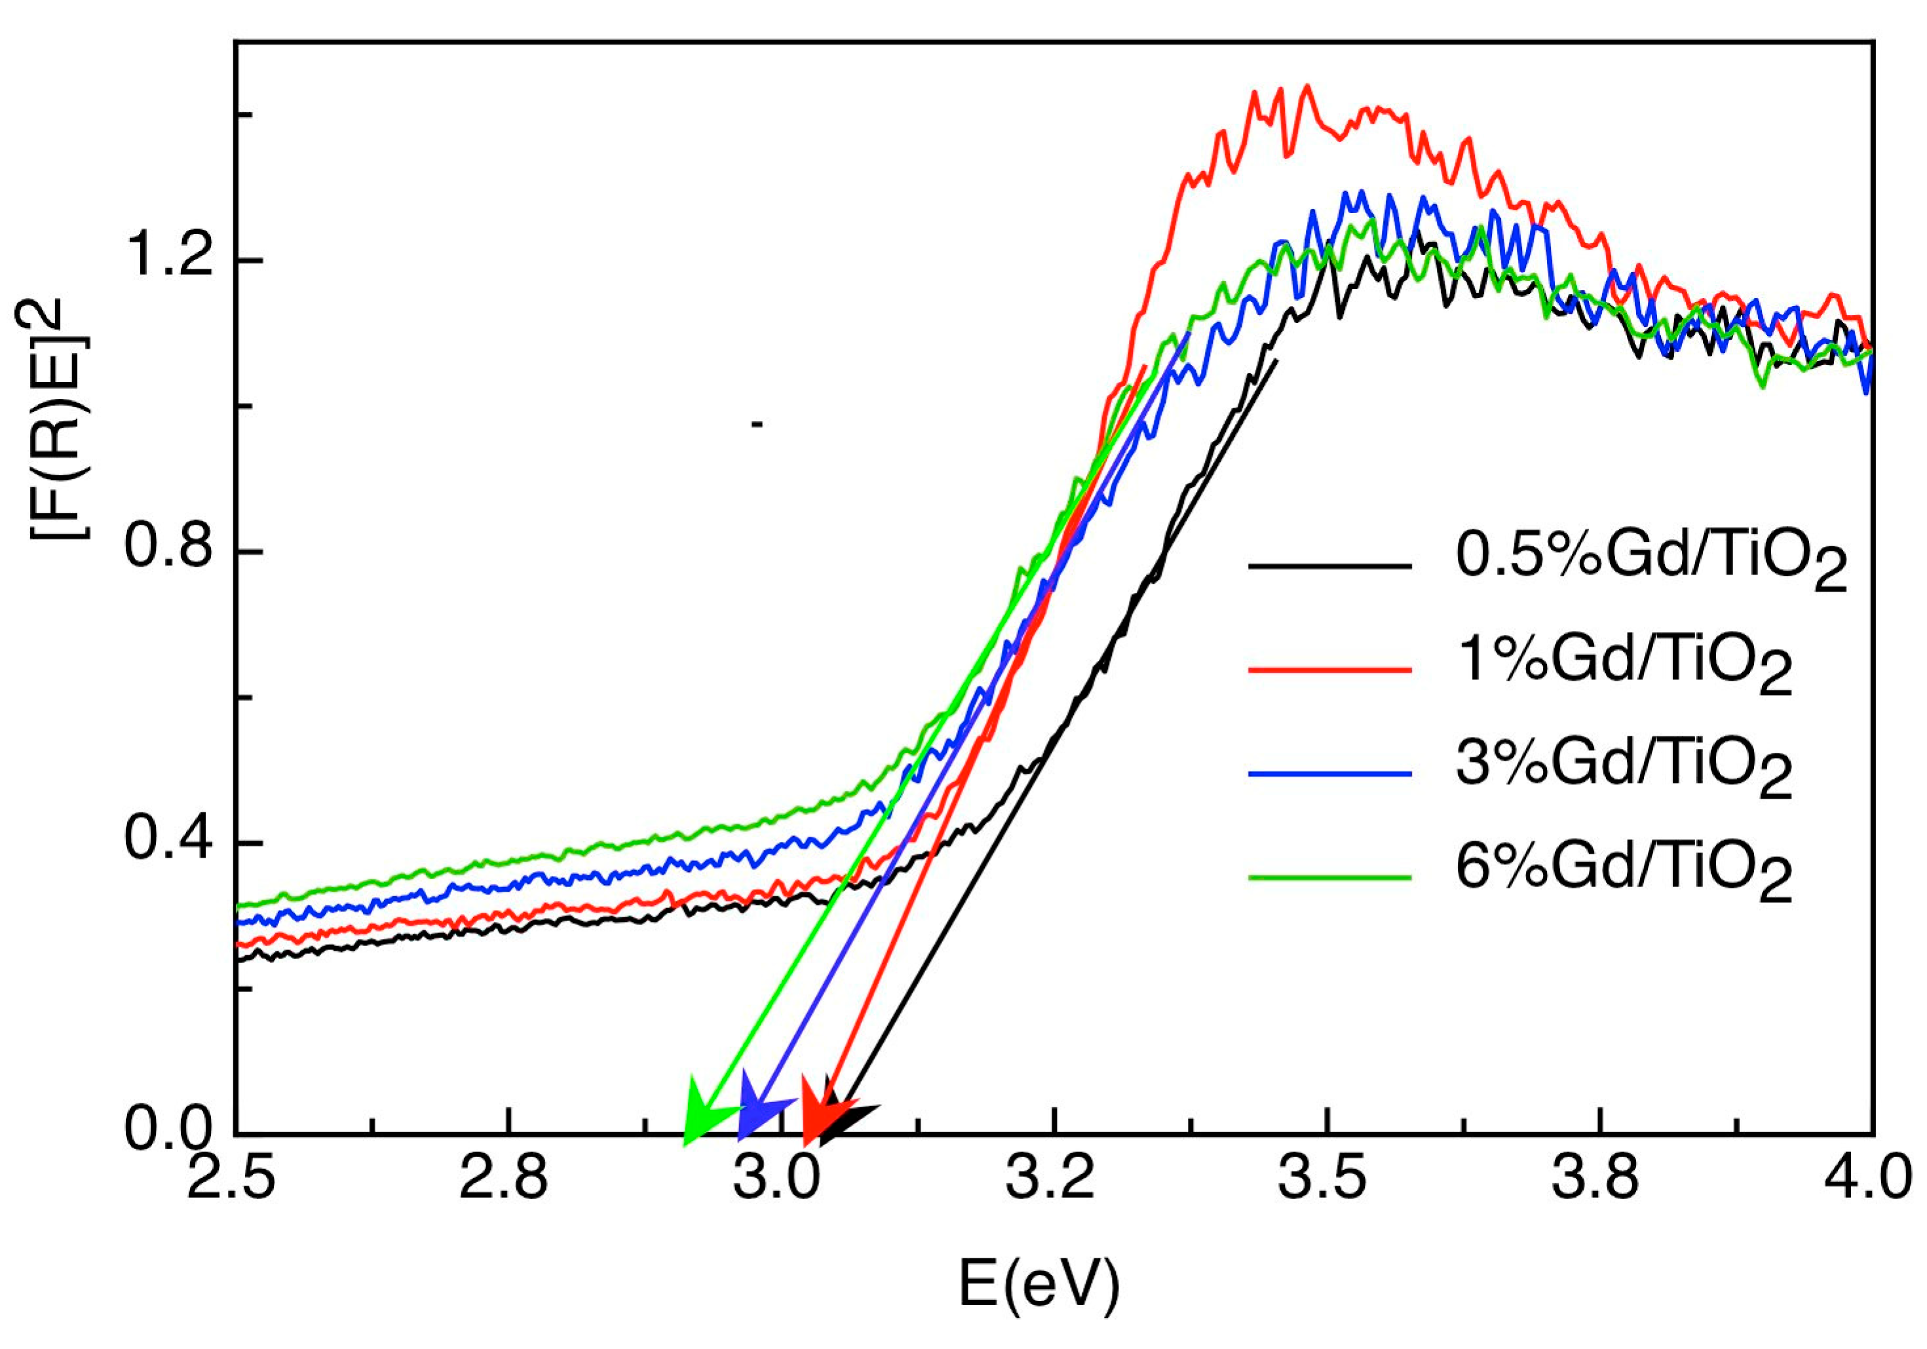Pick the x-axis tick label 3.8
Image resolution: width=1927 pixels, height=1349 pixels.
1597,1178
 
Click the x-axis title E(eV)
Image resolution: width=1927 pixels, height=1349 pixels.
1040,1284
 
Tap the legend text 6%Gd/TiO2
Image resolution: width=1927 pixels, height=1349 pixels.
1624,873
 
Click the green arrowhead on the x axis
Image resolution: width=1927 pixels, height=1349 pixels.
703,1113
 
